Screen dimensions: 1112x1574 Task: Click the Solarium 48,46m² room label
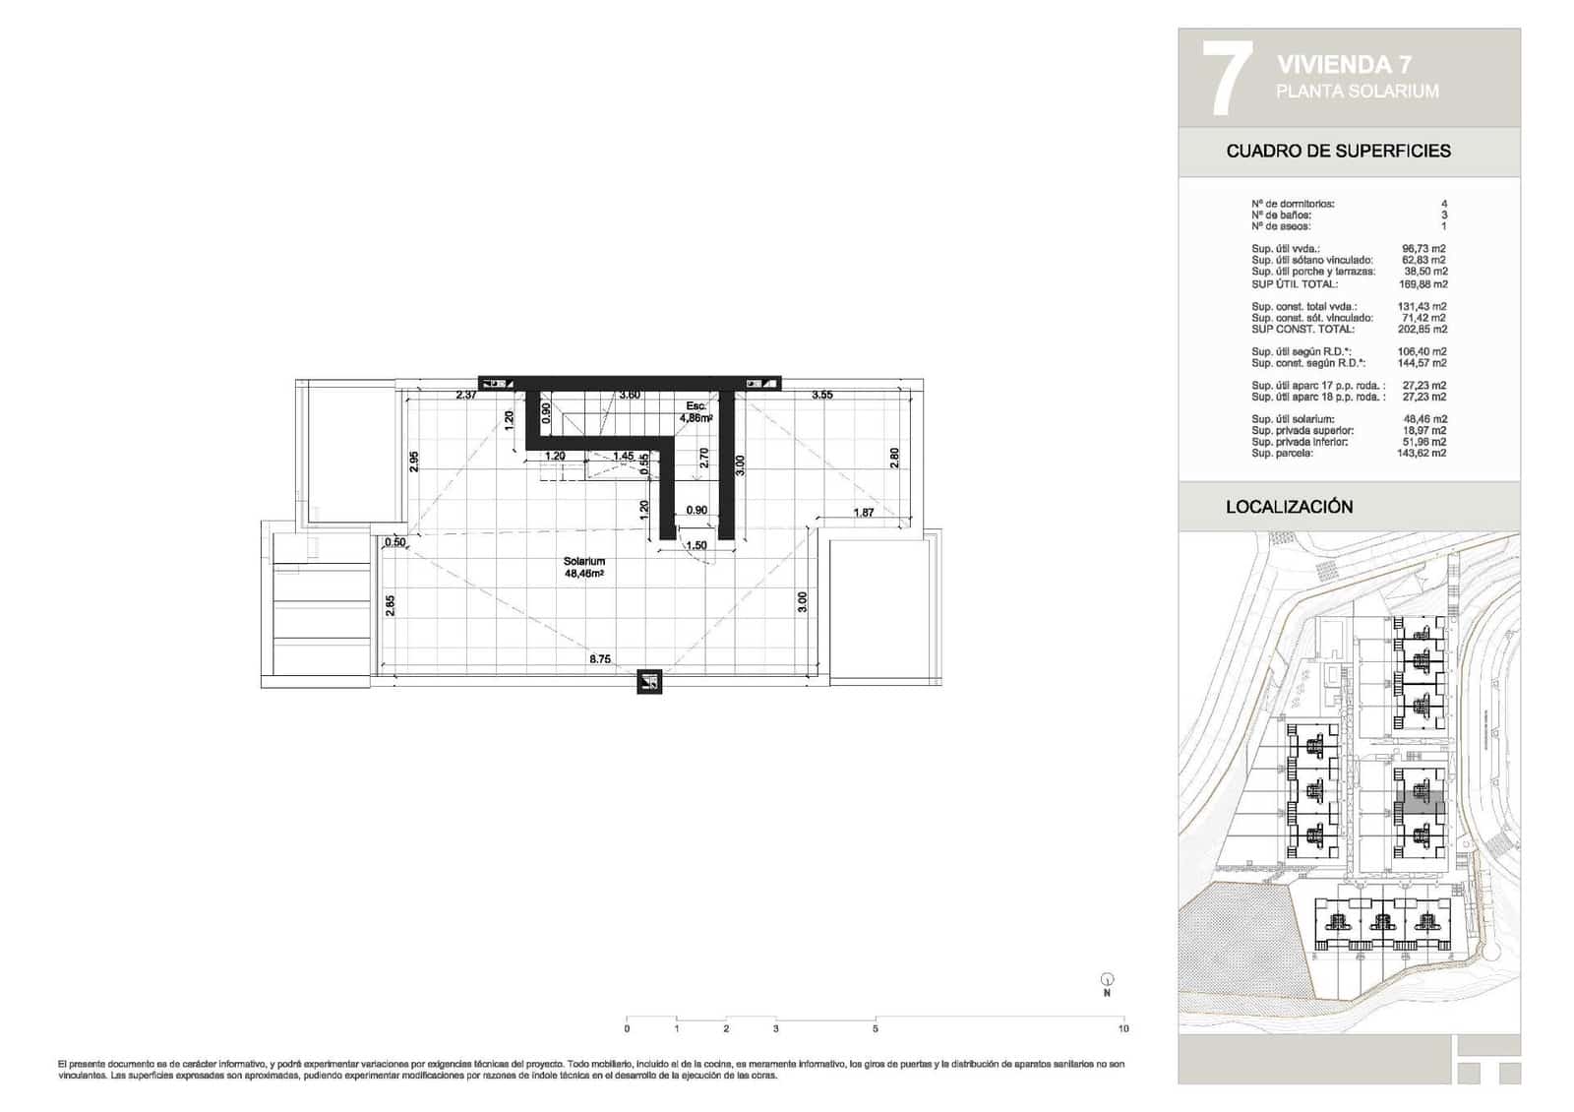[584, 567]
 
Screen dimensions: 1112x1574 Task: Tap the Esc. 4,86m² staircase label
[696, 411]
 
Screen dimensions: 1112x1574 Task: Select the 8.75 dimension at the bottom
[600, 659]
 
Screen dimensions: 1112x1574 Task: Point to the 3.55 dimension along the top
[821, 396]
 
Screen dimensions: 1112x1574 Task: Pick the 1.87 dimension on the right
[864, 513]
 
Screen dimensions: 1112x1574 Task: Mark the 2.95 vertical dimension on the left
[414, 461]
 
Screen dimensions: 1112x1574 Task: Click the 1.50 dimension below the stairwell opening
[696, 546]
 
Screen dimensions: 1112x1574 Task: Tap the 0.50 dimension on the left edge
[395, 542]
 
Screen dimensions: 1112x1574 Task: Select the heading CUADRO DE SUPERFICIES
[1338, 152]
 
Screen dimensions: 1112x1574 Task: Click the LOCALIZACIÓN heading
[1289, 507]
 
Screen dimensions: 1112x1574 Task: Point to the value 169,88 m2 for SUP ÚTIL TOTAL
[1423, 284]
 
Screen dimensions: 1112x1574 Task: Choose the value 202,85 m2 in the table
[1423, 330]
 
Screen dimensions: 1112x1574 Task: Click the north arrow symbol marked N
[1108, 981]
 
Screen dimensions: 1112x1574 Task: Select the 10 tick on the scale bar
[1123, 1028]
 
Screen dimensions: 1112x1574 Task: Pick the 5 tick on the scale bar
[875, 1028]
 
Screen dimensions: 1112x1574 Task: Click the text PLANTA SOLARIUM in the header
[1357, 92]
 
